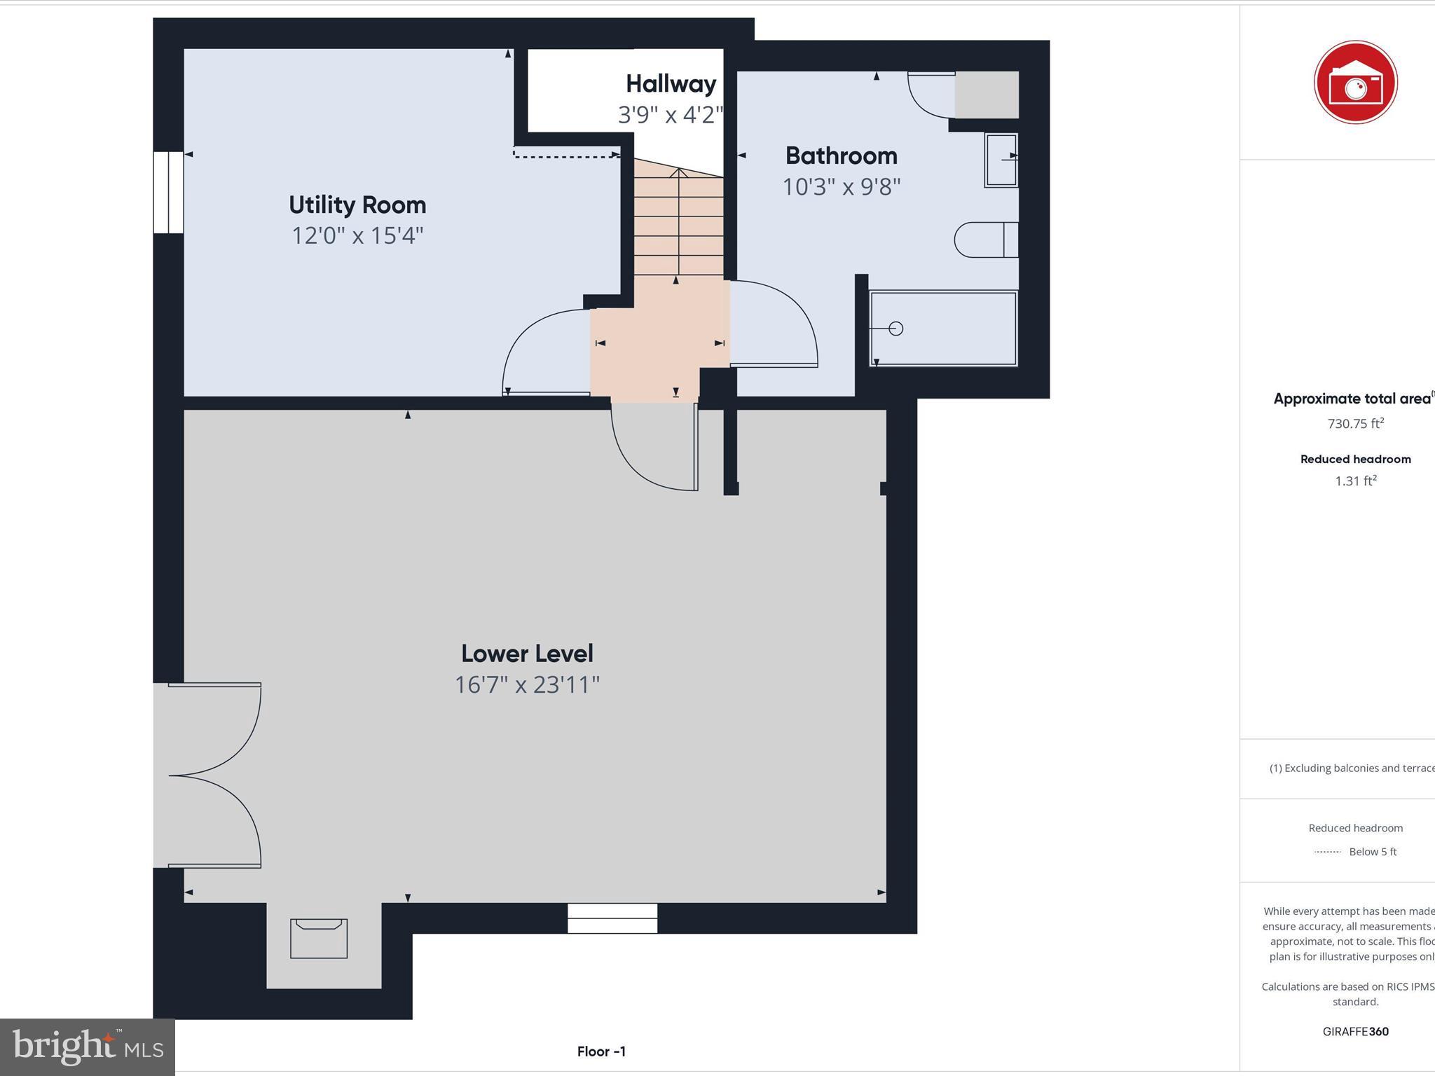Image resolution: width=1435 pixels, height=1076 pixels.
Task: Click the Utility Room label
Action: click(x=357, y=205)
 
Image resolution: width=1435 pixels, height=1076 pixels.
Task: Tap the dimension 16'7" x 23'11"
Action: click(x=527, y=684)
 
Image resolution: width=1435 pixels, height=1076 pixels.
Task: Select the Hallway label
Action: click(x=671, y=84)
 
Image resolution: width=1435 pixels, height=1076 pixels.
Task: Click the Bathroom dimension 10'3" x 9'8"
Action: click(x=841, y=187)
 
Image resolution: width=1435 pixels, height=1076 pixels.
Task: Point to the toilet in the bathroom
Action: click(x=985, y=240)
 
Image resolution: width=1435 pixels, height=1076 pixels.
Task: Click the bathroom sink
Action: click(x=1001, y=160)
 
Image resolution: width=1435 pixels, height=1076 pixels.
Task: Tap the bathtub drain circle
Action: click(x=895, y=328)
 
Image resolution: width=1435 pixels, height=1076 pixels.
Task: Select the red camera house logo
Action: click(x=1355, y=83)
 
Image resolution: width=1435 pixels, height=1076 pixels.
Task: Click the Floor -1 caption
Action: click(x=601, y=1051)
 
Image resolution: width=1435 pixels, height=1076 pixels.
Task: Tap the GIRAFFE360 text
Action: click(x=1355, y=1031)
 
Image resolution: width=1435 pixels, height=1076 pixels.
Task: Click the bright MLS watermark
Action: click(x=88, y=1047)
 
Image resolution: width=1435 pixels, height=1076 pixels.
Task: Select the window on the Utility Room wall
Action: click(x=168, y=193)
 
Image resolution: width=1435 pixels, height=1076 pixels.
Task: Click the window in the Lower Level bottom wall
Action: click(x=612, y=918)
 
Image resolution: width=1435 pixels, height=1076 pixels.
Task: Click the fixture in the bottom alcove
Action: click(x=319, y=938)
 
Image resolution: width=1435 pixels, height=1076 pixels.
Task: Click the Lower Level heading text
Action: click(x=527, y=654)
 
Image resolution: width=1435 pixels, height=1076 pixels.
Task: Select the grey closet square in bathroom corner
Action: click(x=987, y=95)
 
